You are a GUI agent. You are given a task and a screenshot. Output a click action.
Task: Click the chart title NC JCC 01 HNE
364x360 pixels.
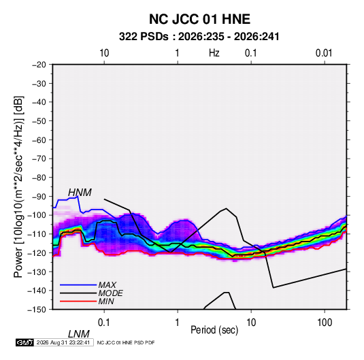[199, 19]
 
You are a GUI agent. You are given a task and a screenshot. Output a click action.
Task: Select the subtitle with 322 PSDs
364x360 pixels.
[199, 37]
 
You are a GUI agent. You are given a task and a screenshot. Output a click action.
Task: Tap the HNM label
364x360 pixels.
[80, 193]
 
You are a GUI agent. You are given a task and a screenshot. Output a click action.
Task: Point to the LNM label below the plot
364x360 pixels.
[78, 334]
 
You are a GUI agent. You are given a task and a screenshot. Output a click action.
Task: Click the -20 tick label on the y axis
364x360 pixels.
[39, 65]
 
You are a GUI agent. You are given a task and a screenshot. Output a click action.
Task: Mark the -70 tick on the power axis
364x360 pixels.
[39, 159]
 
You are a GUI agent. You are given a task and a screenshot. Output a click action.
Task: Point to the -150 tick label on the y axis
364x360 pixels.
[37, 310]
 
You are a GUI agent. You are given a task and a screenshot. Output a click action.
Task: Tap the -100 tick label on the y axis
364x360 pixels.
[37, 215]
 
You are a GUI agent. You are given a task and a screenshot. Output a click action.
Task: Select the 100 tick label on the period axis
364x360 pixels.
[325, 323]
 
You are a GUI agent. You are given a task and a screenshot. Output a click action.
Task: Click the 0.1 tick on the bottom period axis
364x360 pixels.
[104, 323]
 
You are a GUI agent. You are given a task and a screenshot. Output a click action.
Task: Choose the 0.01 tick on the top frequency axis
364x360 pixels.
[324, 53]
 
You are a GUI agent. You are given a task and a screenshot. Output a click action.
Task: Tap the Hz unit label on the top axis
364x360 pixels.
[214, 53]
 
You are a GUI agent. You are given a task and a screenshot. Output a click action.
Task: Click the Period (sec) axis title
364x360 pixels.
[214, 330]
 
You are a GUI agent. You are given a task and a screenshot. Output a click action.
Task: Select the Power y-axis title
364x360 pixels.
[18, 186]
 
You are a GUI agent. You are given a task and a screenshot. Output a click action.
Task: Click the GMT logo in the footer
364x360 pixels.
[25, 342]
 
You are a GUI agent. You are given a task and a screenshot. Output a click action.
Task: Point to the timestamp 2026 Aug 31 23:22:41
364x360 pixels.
[63, 342]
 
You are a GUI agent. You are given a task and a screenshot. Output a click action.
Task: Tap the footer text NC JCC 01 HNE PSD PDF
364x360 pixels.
[126, 342]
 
